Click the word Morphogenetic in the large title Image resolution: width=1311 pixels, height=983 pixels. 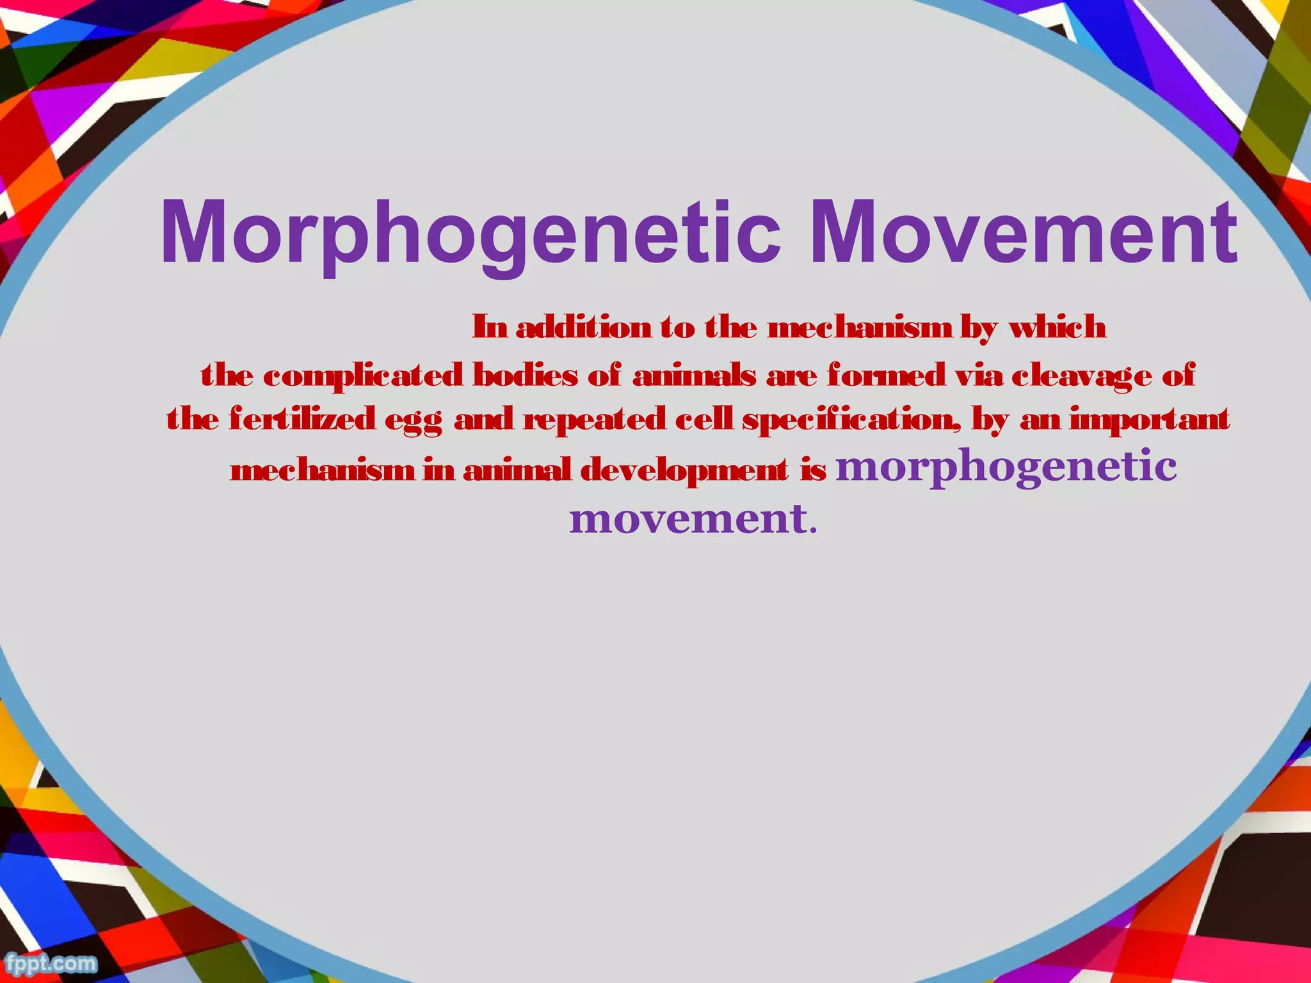tap(471, 233)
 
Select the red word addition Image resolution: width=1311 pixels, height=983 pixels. tap(583, 328)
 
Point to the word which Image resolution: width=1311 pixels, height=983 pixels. tap(1057, 328)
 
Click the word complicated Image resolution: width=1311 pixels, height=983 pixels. tap(363, 375)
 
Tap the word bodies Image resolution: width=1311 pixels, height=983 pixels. tap(524, 375)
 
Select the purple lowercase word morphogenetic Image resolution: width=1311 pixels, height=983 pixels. tap(1006, 467)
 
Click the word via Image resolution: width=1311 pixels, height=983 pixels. tap(979, 375)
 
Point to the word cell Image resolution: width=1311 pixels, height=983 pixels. tap(704, 420)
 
